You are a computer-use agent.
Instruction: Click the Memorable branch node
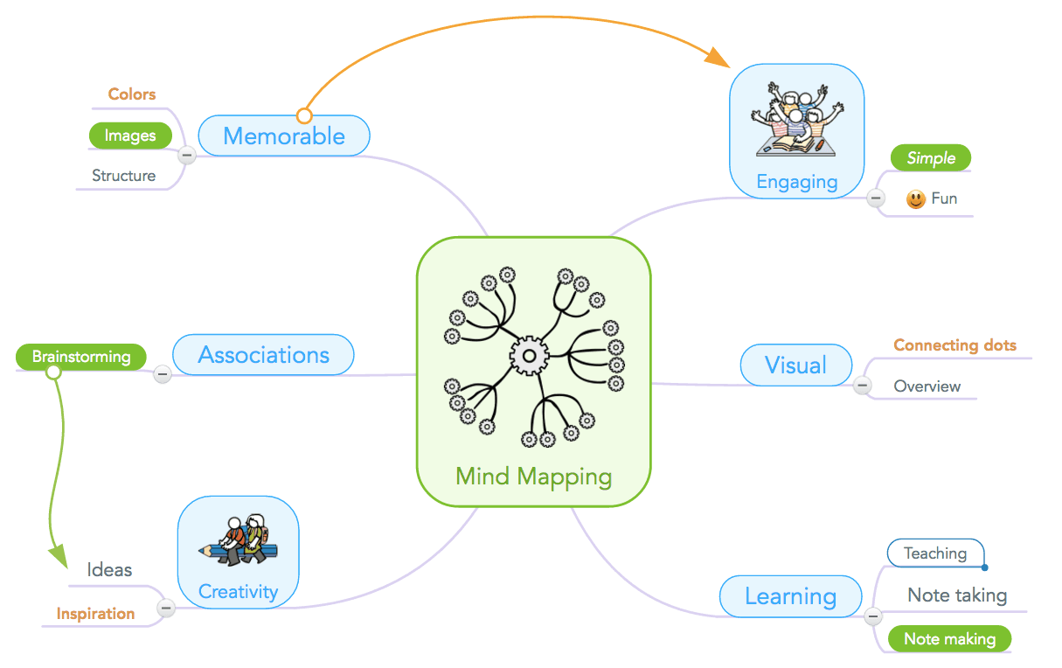[284, 136]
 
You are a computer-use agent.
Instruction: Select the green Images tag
[130, 136]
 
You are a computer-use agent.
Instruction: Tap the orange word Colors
[132, 94]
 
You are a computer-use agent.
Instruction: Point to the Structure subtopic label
[124, 176]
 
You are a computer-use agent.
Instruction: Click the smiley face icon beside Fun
[915, 199]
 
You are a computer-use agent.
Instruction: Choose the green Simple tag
[931, 158]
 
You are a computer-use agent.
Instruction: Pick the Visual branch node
[795, 365]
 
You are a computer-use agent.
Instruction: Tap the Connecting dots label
[954, 345]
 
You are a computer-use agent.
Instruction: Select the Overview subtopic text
[927, 386]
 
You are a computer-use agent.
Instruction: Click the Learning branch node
[790, 597]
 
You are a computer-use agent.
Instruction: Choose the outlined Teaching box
[935, 553]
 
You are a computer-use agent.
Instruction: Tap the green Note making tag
[949, 639]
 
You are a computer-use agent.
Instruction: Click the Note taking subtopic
[957, 595]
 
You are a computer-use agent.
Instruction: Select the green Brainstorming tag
[81, 357]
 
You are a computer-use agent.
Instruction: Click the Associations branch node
[264, 355]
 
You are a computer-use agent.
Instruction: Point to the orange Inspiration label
[96, 614]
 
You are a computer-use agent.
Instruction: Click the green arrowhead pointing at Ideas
[57, 553]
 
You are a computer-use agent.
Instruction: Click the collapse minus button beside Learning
[872, 617]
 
